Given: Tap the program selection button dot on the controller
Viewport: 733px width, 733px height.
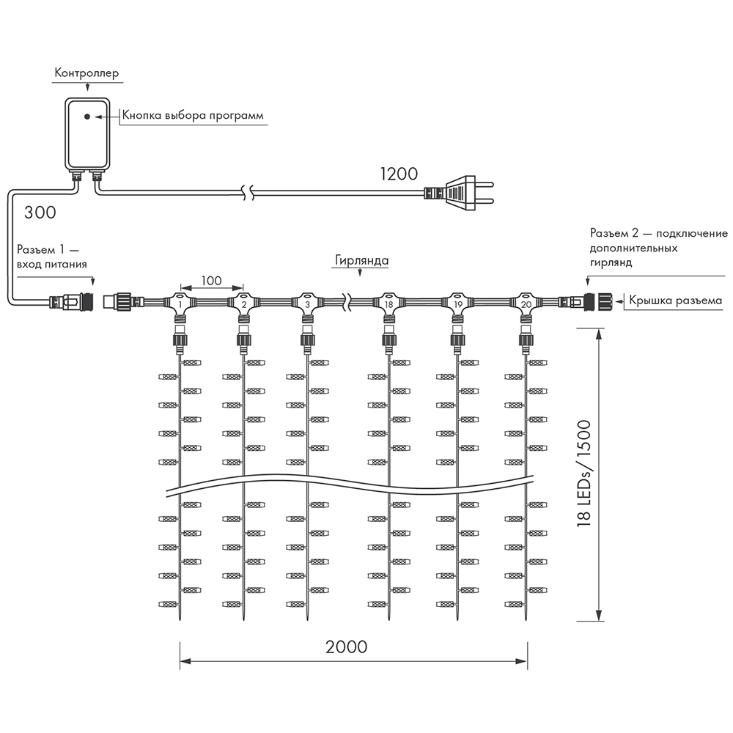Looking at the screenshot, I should click(87, 116).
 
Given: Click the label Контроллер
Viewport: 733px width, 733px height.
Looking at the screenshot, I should click(86, 74).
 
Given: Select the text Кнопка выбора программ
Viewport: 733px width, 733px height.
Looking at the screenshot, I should click(192, 116).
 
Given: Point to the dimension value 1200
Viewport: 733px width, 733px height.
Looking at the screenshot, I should click(399, 174).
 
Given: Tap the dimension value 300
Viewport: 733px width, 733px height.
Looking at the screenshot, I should click(40, 213).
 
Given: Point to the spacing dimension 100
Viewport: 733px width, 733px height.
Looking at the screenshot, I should click(211, 280).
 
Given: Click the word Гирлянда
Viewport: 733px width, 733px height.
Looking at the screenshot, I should click(361, 261).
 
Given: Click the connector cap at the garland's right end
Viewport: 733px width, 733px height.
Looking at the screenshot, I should click(605, 301).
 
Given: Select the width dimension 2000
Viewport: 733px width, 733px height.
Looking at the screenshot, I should click(347, 647).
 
